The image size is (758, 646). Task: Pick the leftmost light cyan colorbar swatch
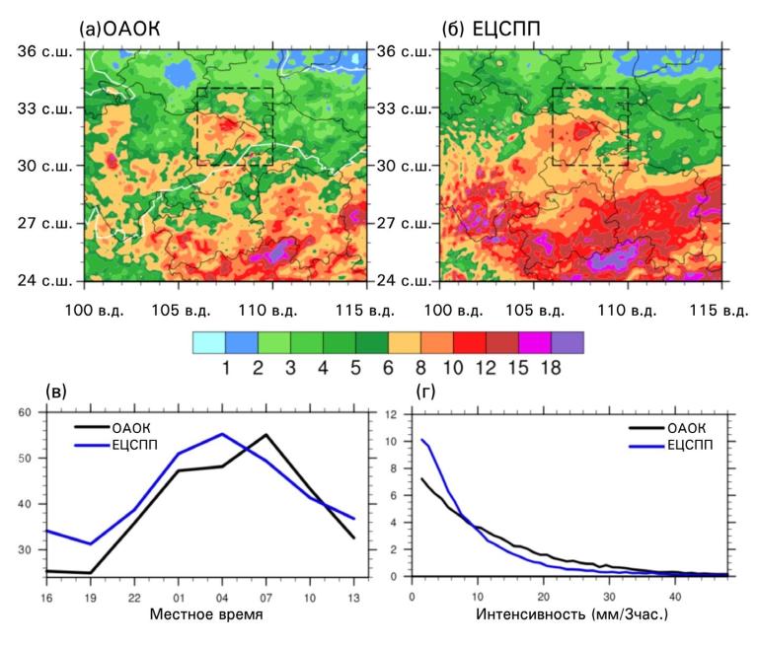208,342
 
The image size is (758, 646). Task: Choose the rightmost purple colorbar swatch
568,342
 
